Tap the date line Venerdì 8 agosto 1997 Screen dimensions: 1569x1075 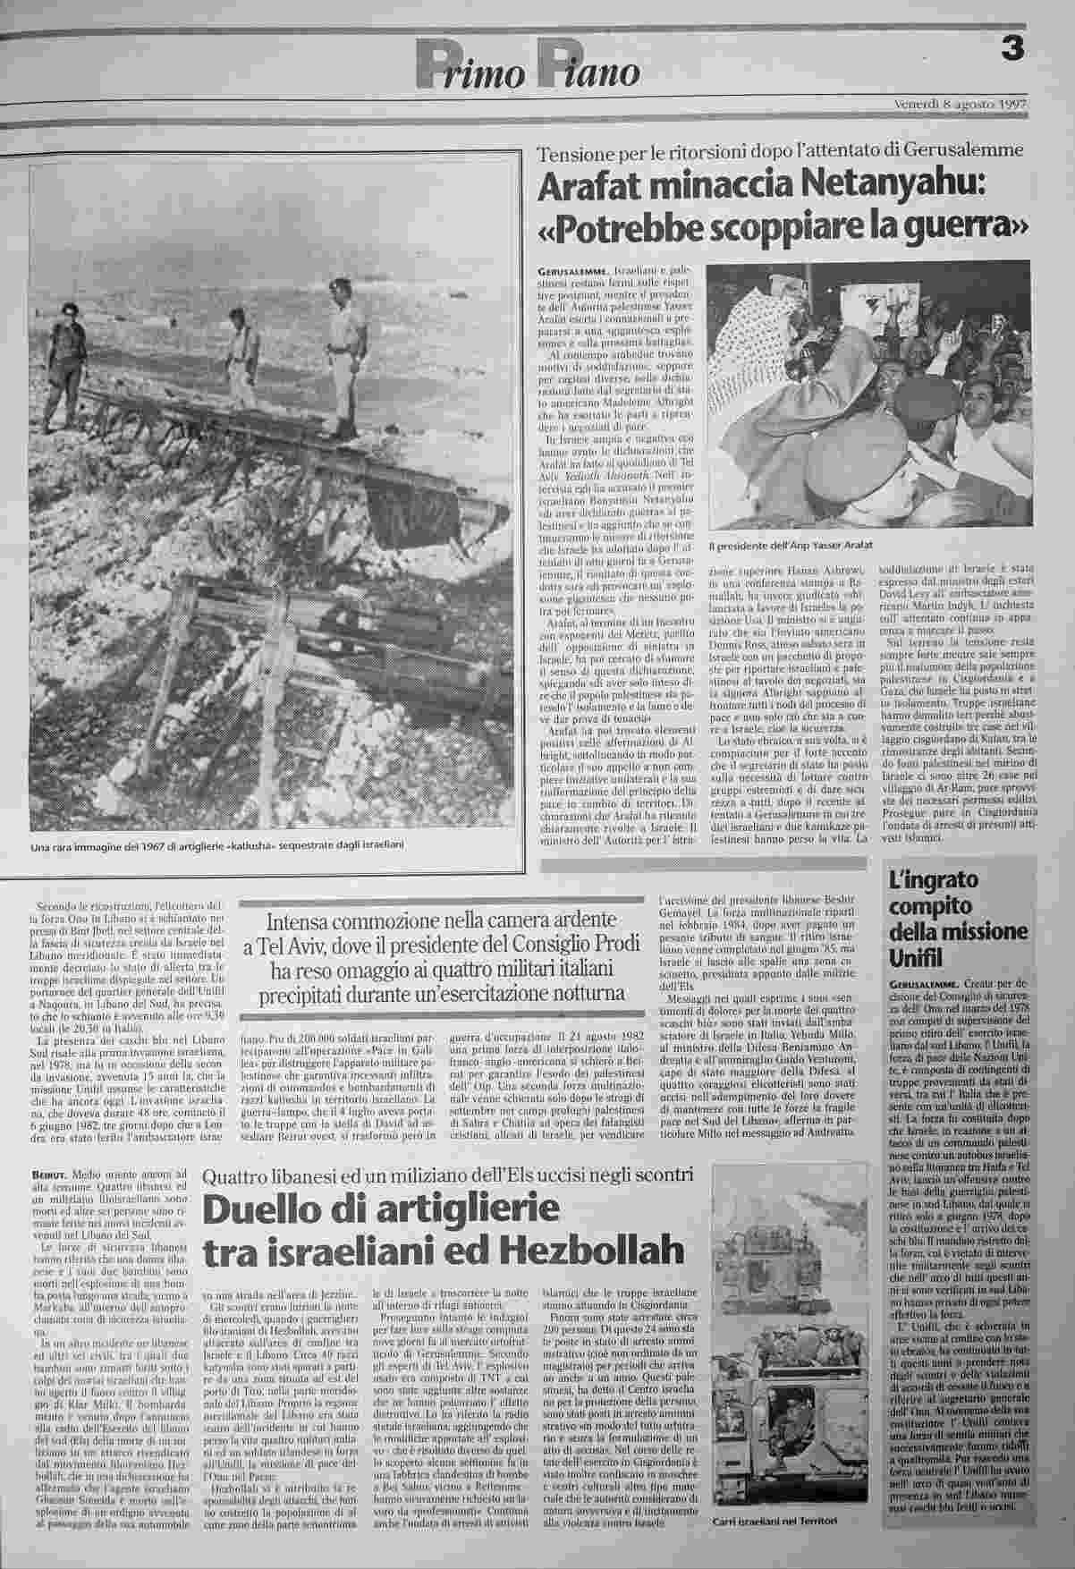pos(960,105)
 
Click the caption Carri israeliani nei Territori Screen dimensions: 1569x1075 pos(775,1522)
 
